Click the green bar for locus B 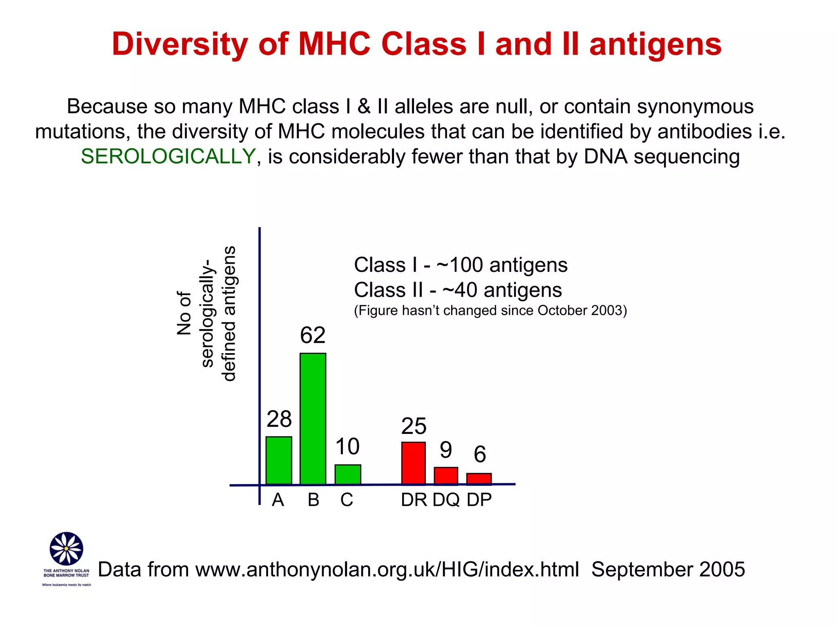[313, 418]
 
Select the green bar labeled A [279, 460]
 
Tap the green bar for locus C [347, 474]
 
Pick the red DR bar [413, 463]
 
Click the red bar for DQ [445, 476]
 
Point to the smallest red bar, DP [479, 478]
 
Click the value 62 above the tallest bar [313, 335]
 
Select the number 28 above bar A [279, 419]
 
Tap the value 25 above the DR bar [414, 426]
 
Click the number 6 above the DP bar [480, 454]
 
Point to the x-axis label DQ [446, 500]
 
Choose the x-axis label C [347, 500]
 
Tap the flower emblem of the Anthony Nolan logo [66, 548]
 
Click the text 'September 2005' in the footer [668, 569]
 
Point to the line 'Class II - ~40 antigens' [458, 290]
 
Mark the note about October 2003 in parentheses [490, 311]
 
